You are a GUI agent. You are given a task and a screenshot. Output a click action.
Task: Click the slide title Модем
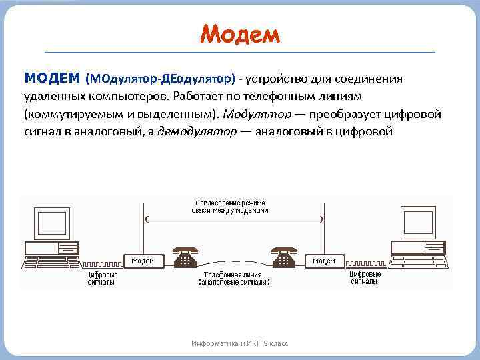pyautogui.click(x=240, y=31)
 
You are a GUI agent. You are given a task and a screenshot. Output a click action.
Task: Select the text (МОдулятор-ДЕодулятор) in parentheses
pyautogui.click(x=160, y=79)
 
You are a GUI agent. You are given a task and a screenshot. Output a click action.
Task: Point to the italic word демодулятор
pyautogui.click(x=196, y=131)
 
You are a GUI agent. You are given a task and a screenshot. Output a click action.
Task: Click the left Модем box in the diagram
pyautogui.click(x=143, y=261)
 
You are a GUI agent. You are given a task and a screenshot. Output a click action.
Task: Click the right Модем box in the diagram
pyautogui.click(x=324, y=261)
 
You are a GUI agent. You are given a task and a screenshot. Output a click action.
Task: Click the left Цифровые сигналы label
pyautogui.click(x=101, y=278)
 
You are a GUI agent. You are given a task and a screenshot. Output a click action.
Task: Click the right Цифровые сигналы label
pyautogui.click(x=365, y=278)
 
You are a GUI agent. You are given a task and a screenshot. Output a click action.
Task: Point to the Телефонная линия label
pyautogui.click(x=233, y=278)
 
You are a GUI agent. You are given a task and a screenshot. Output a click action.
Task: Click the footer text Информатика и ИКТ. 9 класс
pyautogui.click(x=239, y=343)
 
